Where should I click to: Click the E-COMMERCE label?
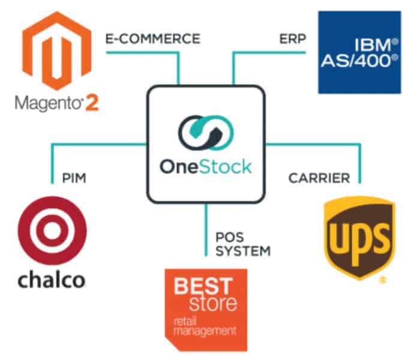[152, 39]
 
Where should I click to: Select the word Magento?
[46, 103]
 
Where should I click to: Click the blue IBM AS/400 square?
[359, 52]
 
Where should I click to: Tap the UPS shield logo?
[359, 234]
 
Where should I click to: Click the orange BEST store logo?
[206, 308]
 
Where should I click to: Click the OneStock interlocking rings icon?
[205, 135]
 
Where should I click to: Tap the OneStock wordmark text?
[205, 166]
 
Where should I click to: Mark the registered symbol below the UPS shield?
[382, 279]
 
